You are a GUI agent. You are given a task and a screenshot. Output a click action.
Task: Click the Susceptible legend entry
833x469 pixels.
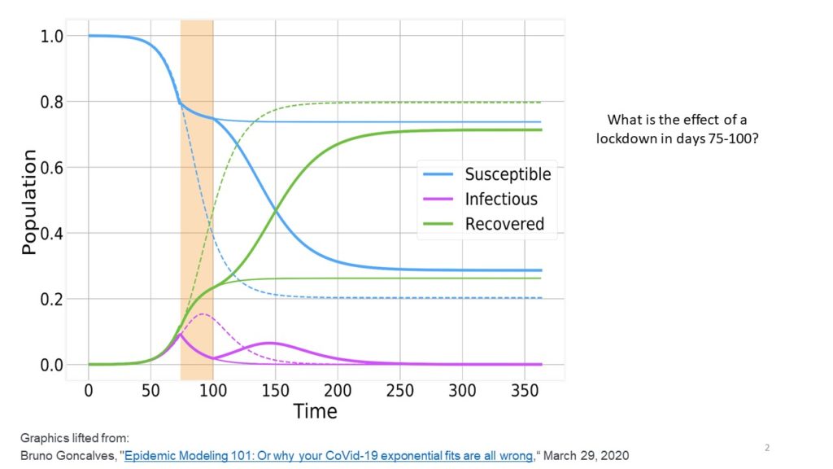487,174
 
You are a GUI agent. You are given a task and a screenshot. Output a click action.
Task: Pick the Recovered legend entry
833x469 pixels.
483,224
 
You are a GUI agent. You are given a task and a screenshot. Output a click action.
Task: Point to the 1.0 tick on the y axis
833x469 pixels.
51,36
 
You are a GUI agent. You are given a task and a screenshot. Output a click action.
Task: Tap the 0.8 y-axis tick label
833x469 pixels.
51,102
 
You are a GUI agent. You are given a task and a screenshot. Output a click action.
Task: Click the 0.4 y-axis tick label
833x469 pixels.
51,233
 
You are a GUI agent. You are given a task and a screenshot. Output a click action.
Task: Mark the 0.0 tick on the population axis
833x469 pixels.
51,365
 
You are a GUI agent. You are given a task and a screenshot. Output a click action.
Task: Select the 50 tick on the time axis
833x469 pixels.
150,391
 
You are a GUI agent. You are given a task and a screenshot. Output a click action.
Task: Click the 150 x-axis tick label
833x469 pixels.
275,391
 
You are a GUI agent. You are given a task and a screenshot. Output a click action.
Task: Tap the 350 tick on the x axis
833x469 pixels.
525,391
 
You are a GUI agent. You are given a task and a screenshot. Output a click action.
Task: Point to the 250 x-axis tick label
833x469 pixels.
399,391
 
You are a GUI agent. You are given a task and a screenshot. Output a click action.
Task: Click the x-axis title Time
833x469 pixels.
315,411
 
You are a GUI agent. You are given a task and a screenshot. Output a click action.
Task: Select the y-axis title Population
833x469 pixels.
29,202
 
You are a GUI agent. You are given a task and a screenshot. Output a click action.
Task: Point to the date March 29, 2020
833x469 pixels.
586,456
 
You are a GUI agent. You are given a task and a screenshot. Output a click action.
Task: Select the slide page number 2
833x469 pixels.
767,447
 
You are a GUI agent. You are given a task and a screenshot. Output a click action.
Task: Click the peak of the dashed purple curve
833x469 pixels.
203,314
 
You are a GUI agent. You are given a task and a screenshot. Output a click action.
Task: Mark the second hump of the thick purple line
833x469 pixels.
270,343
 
